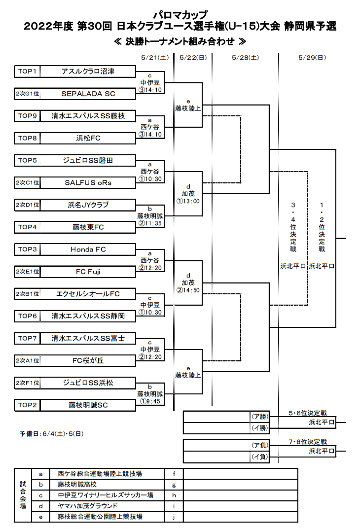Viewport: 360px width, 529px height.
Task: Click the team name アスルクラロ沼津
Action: click(x=88, y=71)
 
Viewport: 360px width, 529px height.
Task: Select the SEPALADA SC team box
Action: click(x=75, y=94)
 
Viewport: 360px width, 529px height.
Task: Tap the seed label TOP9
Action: click(x=27, y=116)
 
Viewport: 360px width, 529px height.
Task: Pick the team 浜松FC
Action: click(x=88, y=138)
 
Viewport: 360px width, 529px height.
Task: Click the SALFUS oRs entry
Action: click(x=88, y=182)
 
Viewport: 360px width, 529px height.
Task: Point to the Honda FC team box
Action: click(x=75, y=249)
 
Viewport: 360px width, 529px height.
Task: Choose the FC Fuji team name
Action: click(x=88, y=272)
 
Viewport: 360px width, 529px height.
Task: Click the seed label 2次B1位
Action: click(x=27, y=294)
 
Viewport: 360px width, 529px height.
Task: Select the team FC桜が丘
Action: click(x=88, y=361)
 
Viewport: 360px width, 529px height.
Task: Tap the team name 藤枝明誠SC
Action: click(x=88, y=405)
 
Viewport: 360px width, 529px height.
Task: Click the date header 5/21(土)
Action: click(x=155, y=58)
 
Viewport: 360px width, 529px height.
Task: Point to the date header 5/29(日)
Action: click(x=312, y=58)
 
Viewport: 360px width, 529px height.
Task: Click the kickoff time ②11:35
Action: click(x=150, y=223)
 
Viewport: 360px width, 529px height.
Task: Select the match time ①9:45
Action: click(x=150, y=401)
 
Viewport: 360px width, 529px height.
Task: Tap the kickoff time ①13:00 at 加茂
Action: click(x=188, y=201)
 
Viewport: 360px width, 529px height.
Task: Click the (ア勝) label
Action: click(x=260, y=416)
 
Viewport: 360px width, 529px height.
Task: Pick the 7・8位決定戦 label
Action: click(x=308, y=442)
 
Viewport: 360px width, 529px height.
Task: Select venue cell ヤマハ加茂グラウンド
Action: click(x=88, y=506)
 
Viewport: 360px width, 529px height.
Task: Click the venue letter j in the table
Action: click(x=174, y=517)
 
